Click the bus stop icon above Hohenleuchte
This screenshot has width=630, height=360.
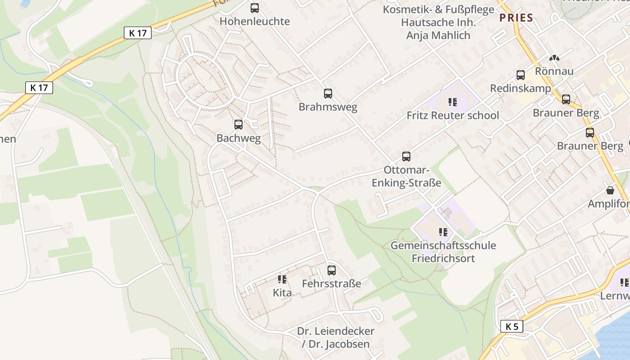tap(255, 8)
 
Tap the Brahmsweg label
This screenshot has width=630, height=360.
tap(328, 107)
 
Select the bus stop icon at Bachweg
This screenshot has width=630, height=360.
tap(238, 125)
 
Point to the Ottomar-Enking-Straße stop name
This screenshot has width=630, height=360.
tap(406, 177)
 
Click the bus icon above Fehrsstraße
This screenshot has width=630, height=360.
tap(332, 270)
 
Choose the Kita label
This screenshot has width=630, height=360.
tap(282, 293)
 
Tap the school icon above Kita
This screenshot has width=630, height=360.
tap(282, 279)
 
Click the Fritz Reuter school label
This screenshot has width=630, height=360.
tap(453, 116)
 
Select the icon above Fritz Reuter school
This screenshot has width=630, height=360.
tap(453, 102)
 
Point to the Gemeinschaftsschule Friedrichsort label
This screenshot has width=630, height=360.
tap(443, 252)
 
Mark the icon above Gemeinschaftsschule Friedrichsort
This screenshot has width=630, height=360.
tap(443, 232)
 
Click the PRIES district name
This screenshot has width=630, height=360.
tap(516, 18)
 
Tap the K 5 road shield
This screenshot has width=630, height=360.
tap(512, 327)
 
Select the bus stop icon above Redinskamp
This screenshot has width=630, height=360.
tap(521, 75)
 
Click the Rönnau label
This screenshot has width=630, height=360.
tap(554, 72)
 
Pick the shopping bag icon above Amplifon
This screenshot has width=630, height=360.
tap(610, 190)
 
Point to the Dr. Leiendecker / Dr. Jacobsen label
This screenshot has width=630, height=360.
tap(336, 337)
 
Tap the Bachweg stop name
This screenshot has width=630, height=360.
tap(238, 138)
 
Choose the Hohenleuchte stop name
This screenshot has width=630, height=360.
tap(255, 22)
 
